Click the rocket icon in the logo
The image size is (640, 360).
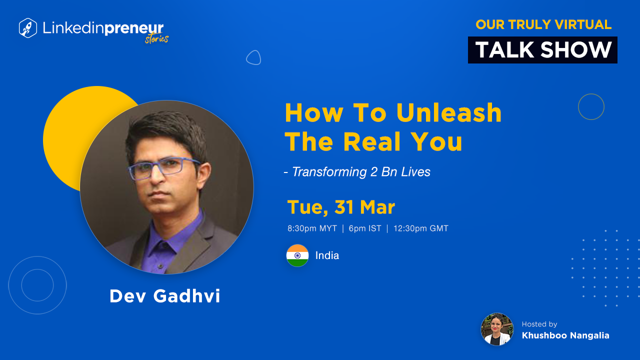coord(27,28)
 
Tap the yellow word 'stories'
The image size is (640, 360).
coord(157,39)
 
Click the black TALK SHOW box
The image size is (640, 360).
coord(542,50)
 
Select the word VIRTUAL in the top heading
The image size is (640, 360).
coord(583,24)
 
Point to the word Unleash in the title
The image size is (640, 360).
coord(449,113)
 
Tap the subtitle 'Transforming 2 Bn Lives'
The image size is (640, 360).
coord(361,172)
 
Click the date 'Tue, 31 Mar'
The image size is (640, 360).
coord(341,207)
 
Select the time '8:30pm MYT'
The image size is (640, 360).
coord(312,228)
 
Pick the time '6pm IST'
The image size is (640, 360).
coord(365,228)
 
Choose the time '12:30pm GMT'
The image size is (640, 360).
coord(421,228)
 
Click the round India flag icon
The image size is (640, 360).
coord(297,255)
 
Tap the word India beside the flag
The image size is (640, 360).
coord(327,255)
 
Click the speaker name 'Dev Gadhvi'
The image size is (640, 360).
coord(165,295)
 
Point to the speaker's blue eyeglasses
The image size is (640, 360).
coord(163,168)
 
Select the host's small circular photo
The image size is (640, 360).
coord(497,329)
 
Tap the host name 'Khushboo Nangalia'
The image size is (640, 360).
coord(565,335)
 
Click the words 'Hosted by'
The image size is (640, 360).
coord(539,324)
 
